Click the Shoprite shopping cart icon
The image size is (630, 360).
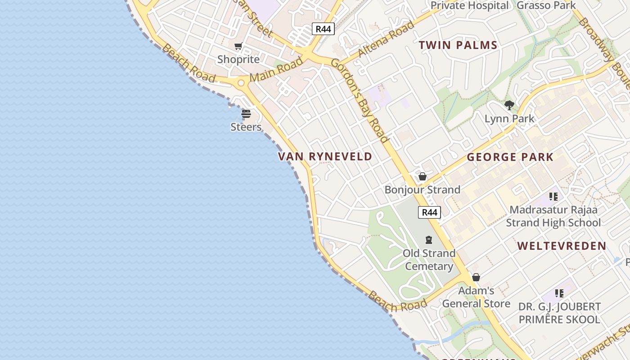(x=238, y=46)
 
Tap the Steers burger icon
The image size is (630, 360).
(x=246, y=114)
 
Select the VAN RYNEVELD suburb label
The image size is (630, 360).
(x=325, y=157)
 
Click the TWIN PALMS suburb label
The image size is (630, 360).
(x=458, y=45)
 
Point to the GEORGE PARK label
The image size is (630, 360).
(x=510, y=157)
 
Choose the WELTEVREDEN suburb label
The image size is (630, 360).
(x=562, y=246)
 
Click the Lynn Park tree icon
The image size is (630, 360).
(x=509, y=105)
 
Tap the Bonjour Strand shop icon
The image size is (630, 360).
(x=422, y=176)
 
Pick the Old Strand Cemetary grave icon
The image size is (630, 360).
(x=429, y=240)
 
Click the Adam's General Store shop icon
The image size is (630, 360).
(x=476, y=277)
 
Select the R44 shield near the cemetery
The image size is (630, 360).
(x=429, y=212)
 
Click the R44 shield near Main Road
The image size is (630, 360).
(x=323, y=29)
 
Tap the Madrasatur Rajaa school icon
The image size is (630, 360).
(x=553, y=197)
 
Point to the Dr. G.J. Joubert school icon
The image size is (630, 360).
(x=559, y=293)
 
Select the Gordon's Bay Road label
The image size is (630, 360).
(x=360, y=100)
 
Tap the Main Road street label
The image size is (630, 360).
(x=276, y=69)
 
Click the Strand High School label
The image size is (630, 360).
(x=553, y=223)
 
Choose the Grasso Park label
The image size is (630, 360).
(x=546, y=5)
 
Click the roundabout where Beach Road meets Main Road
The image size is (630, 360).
(x=241, y=83)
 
